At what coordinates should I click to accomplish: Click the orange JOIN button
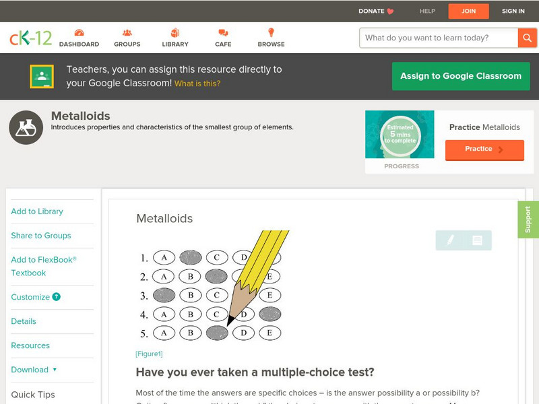pyautogui.click(x=468, y=11)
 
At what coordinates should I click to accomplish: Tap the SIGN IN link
pyautogui.click(x=513, y=11)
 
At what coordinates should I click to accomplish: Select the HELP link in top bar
pyautogui.click(x=427, y=11)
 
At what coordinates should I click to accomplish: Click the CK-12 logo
pyautogui.click(x=30, y=38)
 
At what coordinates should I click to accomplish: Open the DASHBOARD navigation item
pyautogui.click(x=79, y=38)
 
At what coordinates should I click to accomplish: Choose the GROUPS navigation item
pyautogui.click(x=127, y=38)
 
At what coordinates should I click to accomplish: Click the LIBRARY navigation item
pyautogui.click(x=175, y=38)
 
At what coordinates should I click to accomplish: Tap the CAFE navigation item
pyautogui.click(x=223, y=38)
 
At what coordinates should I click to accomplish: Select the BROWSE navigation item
pyautogui.click(x=271, y=38)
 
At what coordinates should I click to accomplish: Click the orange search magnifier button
pyautogui.click(x=526, y=38)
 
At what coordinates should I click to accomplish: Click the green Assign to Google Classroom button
pyautogui.click(x=461, y=76)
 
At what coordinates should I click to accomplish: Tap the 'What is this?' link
pyautogui.click(x=197, y=83)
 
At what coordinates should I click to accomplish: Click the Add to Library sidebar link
pyautogui.click(x=37, y=211)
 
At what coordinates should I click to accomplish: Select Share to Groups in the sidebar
pyautogui.click(x=41, y=236)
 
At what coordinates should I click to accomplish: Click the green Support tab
pyautogui.click(x=528, y=220)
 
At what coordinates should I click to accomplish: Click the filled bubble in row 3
pyautogui.click(x=164, y=295)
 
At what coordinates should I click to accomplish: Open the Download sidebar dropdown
pyautogui.click(x=34, y=370)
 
